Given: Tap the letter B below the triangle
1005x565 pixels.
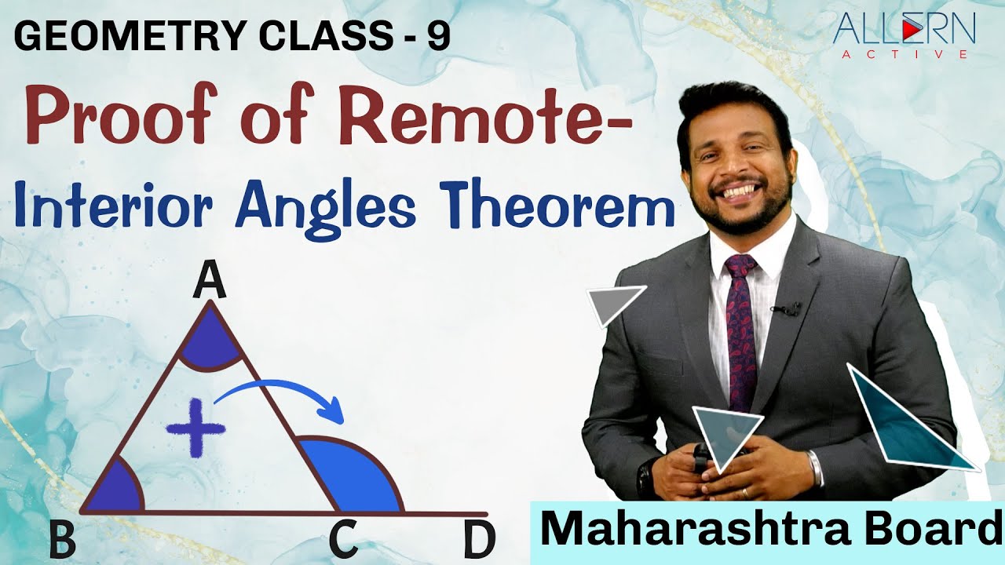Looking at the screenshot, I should pos(63,541).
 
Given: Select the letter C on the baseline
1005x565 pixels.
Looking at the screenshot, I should pos(344,541).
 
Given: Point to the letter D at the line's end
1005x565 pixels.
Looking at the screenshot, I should pos(479,541).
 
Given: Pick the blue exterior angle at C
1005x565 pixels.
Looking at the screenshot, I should pos(353,479).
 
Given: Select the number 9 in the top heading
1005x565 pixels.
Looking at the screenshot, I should pos(439,36).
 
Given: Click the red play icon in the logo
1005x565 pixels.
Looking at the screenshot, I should pos(909,31).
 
